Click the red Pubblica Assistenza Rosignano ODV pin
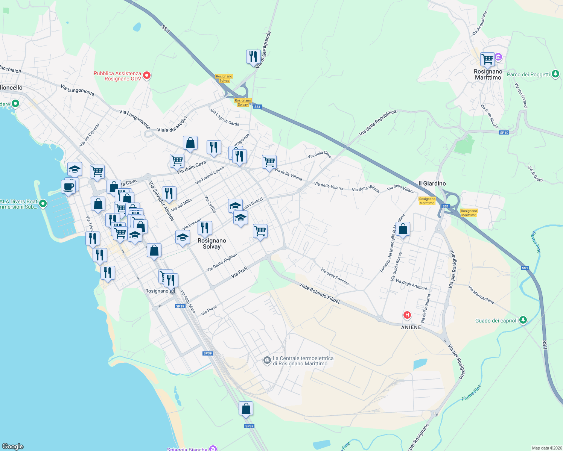pos(147,76)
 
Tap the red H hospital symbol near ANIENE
pos(407,315)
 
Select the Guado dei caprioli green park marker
pos(523,320)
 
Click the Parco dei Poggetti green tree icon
pos(555,74)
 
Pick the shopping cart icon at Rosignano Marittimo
pos(487,59)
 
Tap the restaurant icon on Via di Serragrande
pos(253,57)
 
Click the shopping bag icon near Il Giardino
pos(403,229)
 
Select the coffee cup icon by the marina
pos(68,186)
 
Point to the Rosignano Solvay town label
pos(212,244)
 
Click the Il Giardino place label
pos(432,183)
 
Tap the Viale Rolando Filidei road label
pos(319,293)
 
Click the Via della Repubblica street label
pos(377,123)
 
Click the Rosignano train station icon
pos(172,291)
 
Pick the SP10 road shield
pos(504,133)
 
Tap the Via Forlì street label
pos(239,272)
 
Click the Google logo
pos(13,446)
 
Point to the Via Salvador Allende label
pos(161,201)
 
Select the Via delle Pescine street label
pos(335,276)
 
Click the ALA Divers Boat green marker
pos(43,204)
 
